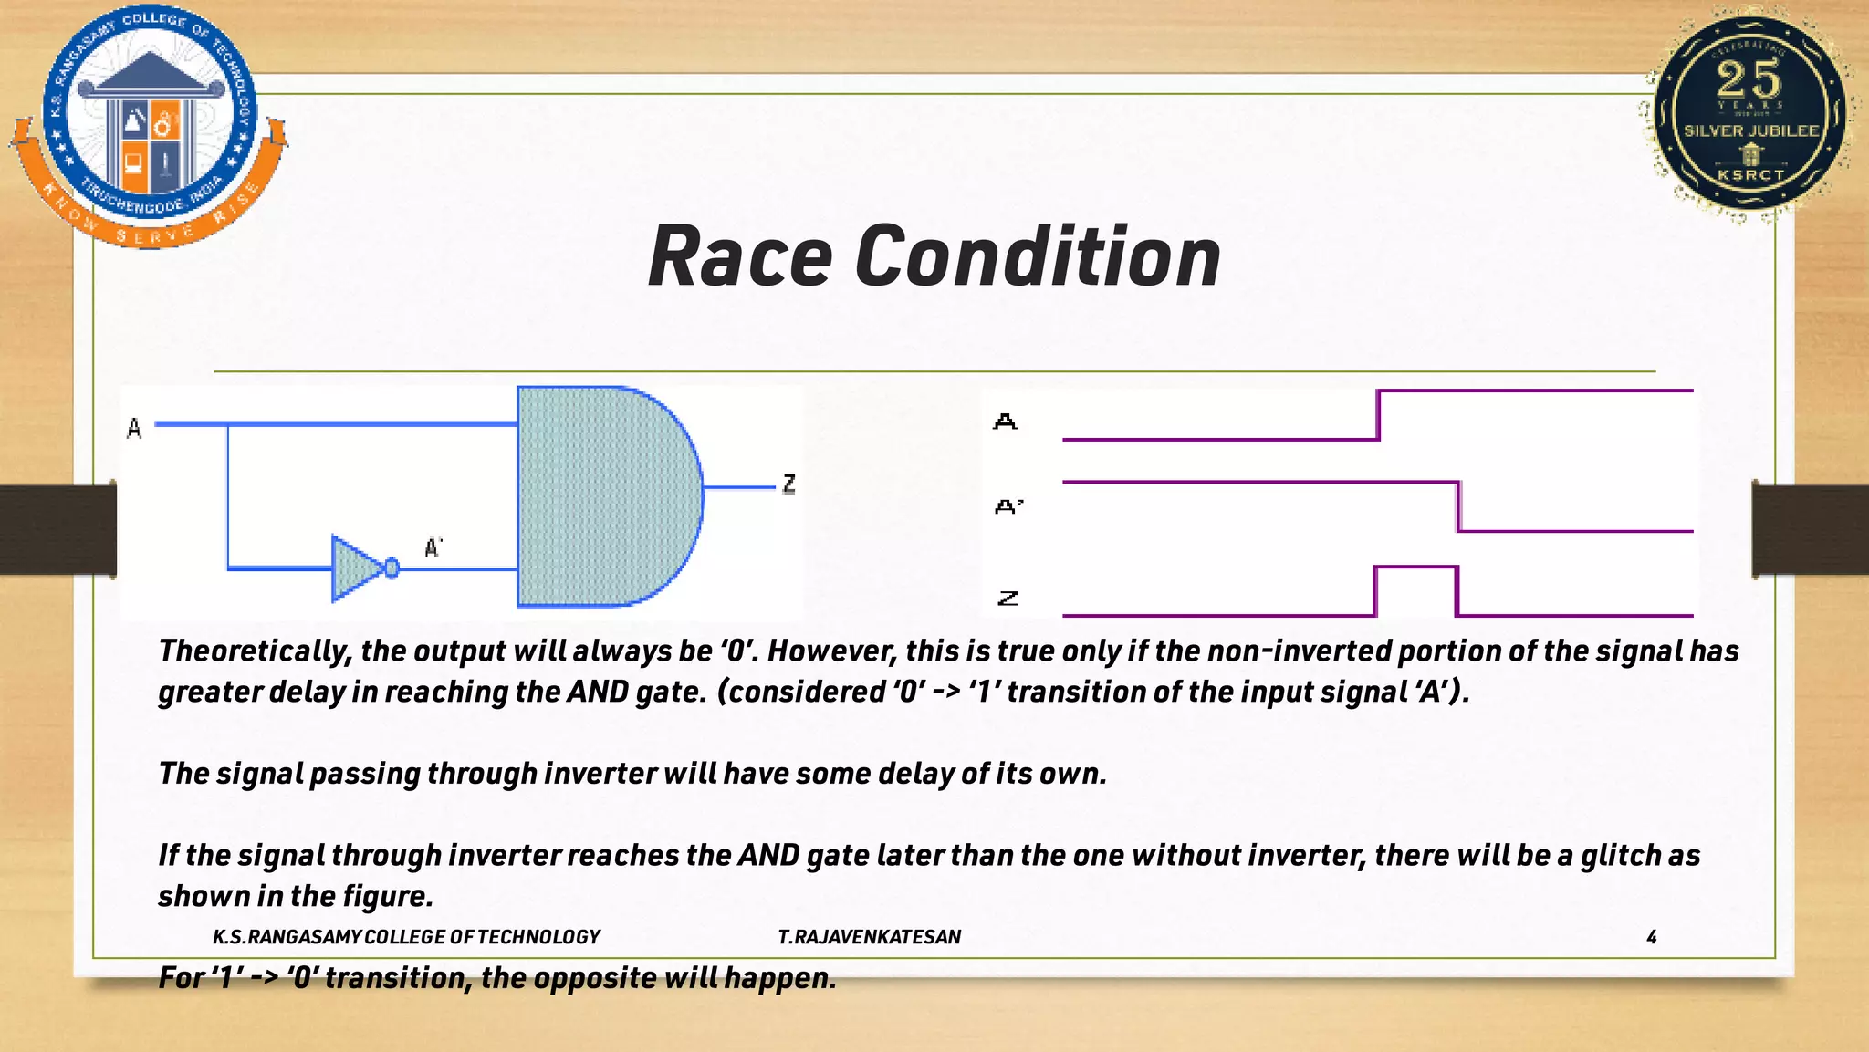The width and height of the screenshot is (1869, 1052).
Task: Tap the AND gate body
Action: click(x=602, y=496)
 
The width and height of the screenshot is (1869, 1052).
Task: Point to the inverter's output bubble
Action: click(x=392, y=568)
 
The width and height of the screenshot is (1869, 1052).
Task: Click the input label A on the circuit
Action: click(x=134, y=428)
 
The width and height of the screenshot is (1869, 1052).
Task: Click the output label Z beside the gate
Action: click(x=789, y=484)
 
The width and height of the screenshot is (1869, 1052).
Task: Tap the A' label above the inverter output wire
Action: click(x=433, y=547)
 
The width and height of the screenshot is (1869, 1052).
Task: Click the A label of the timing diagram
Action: click(x=1005, y=422)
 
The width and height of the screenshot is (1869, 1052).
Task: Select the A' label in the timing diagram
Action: click(x=1008, y=506)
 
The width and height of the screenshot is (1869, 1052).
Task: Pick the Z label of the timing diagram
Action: click(x=1008, y=599)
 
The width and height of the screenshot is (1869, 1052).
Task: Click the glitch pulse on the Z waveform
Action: click(x=1415, y=569)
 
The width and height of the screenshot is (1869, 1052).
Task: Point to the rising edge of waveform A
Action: click(x=1378, y=415)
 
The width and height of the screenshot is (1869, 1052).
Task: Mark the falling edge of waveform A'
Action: click(x=1458, y=506)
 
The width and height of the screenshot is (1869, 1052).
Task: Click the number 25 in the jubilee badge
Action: click(x=1749, y=79)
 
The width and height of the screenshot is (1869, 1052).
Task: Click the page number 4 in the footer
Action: click(x=1651, y=937)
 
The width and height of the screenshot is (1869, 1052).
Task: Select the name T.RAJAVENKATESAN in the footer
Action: click(x=869, y=937)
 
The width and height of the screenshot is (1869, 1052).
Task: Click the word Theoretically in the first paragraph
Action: click(x=255, y=651)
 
